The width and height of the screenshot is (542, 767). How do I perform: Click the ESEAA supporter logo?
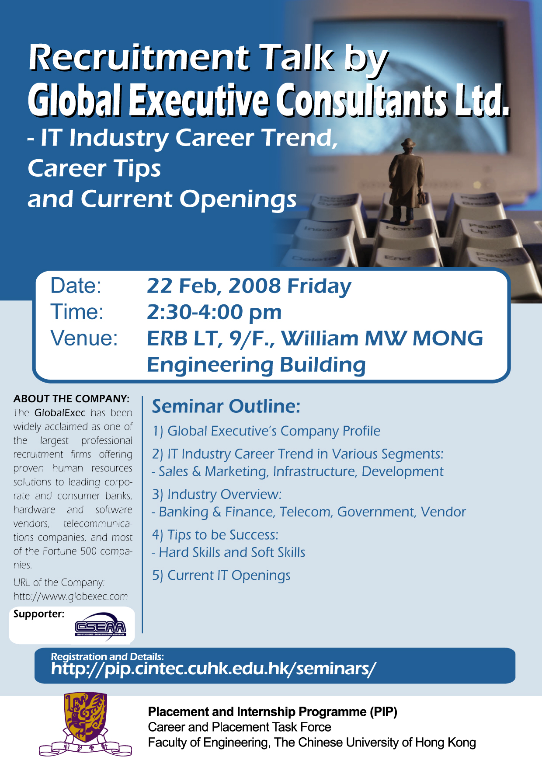pyautogui.click(x=101, y=628)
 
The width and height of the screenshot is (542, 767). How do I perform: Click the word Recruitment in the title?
pyautogui.click(x=139, y=58)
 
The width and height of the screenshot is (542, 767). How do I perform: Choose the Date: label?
pyautogui.click(x=76, y=286)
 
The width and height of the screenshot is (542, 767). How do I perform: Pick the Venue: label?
pyautogui.click(x=84, y=338)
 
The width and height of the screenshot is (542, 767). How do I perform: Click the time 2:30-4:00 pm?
pyautogui.click(x=214, y=312)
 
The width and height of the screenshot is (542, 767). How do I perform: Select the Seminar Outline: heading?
pyautogui.click(x=226, y=406)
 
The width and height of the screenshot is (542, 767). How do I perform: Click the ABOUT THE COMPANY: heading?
pyautogui.click(x=71, y=399)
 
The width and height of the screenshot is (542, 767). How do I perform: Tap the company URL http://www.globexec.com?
pyautogui.click(x=70, y=596)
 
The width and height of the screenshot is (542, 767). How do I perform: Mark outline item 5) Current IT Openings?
pyautogui.click(x=221, y=575)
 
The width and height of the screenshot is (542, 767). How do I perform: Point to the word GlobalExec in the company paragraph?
pyautogui.click(x=60, y=413)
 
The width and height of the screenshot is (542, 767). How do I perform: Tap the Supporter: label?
pyautogui.click(x=39, y=614)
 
